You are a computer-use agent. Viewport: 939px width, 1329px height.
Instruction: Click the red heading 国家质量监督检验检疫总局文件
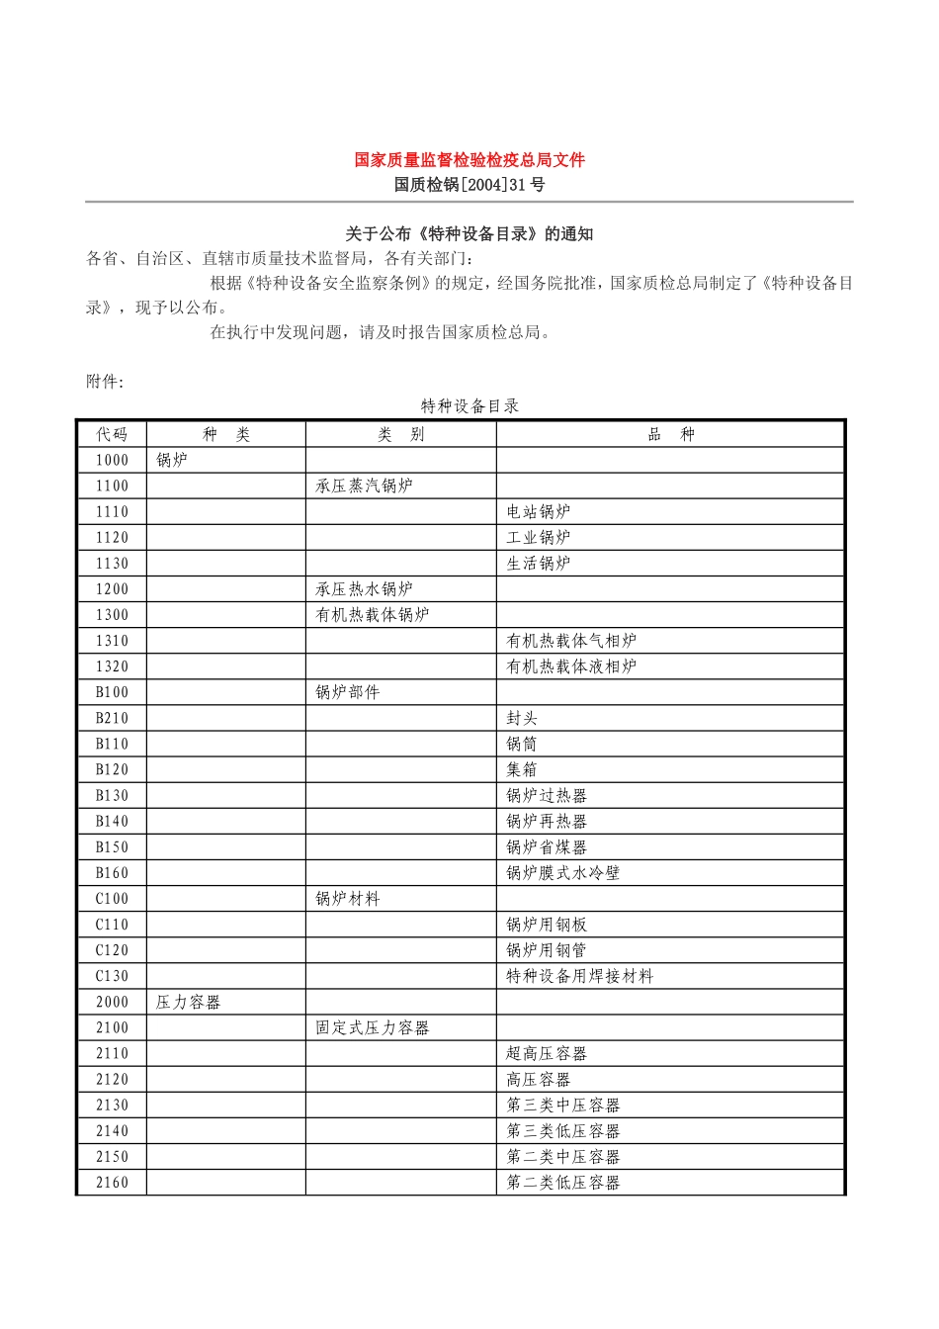[469, 160]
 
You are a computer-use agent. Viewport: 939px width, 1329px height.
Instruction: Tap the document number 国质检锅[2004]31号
[469, 185]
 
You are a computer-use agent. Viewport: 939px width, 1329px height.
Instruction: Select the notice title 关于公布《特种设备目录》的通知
[469, 234]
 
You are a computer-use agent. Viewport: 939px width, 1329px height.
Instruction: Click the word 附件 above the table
[104, 382]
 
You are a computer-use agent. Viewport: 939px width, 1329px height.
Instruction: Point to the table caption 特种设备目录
[469, 406]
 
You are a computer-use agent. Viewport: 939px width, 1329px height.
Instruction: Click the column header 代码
[112, 435]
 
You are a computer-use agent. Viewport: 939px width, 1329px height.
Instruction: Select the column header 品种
[671, 435]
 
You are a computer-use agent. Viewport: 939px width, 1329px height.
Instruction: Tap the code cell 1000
[112, 461]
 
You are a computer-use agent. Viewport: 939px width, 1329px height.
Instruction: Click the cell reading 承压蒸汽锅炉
[364, 487]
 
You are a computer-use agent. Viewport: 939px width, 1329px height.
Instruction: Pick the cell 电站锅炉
[539, 512]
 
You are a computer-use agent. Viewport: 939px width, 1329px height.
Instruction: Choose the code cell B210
[112, 719]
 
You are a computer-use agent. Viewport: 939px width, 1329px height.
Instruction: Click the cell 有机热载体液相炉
[571, 667]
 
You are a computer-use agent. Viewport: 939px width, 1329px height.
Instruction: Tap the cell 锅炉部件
[348, 693]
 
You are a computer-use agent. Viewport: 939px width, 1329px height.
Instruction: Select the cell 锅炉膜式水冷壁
[563, 873]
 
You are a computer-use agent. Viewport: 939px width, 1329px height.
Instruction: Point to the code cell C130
[112, 977]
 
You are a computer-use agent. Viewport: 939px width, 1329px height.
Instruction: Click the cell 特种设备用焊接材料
[580, 977]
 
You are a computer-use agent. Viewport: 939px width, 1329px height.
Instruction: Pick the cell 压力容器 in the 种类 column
[188, 1003]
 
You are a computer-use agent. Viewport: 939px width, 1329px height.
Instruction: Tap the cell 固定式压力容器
[373, 1028]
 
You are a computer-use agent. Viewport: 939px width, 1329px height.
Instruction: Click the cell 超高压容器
[547, 1054]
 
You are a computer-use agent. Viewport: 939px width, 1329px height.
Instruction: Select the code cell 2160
[112, 1183]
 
